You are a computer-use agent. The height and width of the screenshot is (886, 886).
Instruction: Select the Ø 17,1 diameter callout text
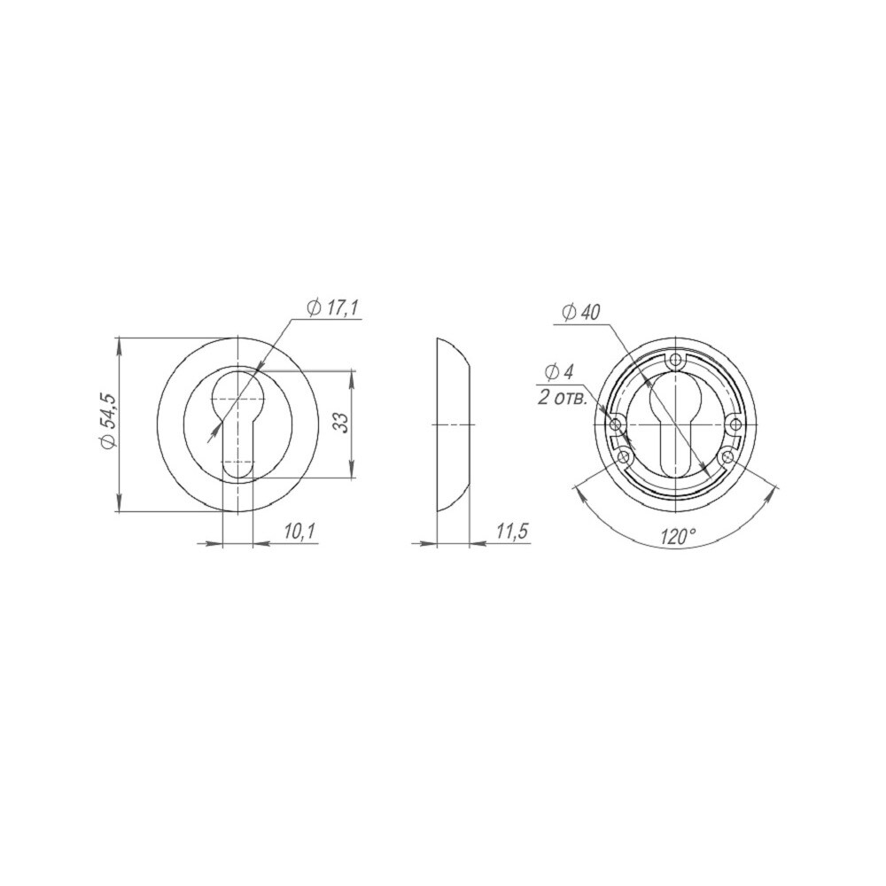[333, 307]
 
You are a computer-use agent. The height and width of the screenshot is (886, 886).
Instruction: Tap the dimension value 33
[340, 422]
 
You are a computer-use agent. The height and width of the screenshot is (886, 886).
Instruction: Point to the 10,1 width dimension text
[300, 531]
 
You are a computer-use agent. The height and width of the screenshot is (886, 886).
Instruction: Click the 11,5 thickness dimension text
[512, 531]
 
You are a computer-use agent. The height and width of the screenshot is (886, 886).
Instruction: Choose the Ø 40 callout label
[581, 313]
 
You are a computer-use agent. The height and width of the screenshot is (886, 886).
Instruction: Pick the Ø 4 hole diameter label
[559, 371]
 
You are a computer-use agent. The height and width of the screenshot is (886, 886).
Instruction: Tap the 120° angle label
[677, 536]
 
